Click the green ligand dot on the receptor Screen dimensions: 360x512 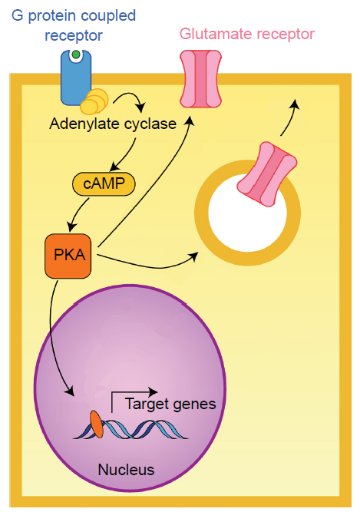point(76,55)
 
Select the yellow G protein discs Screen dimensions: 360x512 point(94,101)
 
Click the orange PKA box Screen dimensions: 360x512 point(68,256)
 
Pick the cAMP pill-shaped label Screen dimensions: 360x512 point(104,183)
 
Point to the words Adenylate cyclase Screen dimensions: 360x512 point(113,124)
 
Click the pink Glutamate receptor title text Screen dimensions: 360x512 point(246,34)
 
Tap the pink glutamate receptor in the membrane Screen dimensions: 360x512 point(201,79)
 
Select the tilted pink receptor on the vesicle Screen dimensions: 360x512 point(267,174)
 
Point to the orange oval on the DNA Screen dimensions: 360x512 point(97,424)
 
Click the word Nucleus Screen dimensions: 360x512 point(126,470)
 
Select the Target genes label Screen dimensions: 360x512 point(170,405)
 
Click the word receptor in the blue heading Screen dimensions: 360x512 point(74,35)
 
